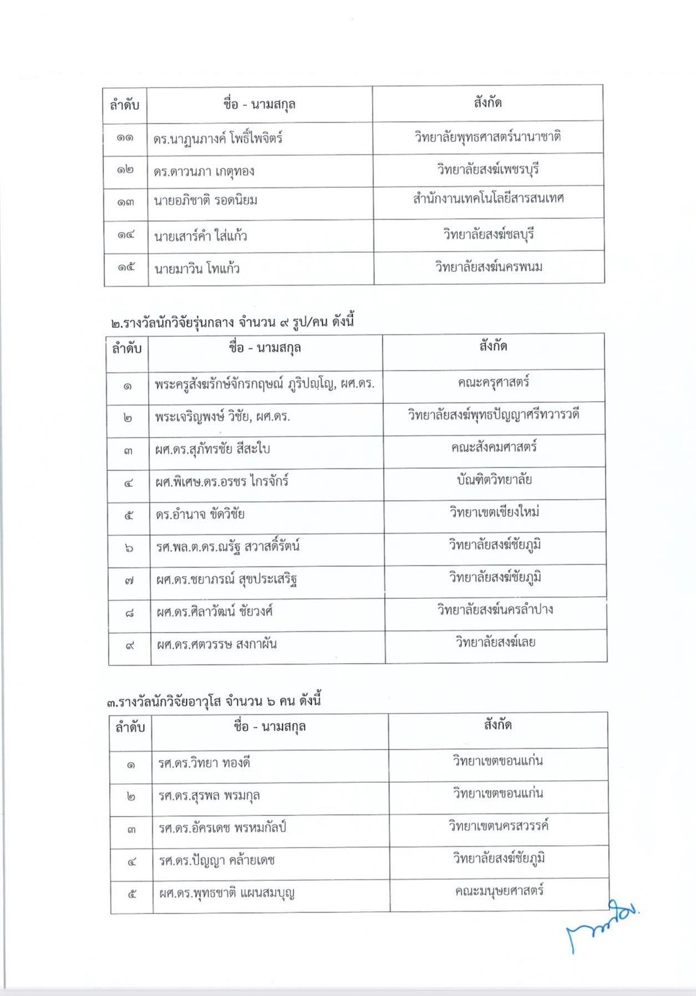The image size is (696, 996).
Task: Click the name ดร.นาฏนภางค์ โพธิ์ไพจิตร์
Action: tap(218, 138)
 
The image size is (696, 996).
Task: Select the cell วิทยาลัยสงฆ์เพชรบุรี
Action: tap(488, 170)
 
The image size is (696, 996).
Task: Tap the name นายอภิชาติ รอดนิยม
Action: tap(206, 200)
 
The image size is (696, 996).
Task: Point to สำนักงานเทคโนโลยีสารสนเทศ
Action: tap(489, 198)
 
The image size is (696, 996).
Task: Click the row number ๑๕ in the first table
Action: tap(126, 267)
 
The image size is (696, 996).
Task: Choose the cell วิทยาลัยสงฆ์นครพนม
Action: tap(489, 267)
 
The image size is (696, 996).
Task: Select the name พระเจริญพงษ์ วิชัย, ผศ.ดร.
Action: tap(222, 416)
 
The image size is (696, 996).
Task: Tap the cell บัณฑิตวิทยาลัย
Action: tap(494, 480)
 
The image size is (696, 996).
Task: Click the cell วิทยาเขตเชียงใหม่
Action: tap(494, 512)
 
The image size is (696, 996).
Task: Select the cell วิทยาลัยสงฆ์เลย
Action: tap(496, 642)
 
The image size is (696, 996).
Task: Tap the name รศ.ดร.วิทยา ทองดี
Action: tap(204, 763)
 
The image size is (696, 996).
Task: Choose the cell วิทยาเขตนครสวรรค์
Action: tap(498, 826)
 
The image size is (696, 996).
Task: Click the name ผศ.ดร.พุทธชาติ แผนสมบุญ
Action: tap(227, 893)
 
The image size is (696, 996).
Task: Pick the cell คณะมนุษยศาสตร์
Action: tap(499, 891)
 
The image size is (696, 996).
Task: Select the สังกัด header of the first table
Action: tap(488, 102)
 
